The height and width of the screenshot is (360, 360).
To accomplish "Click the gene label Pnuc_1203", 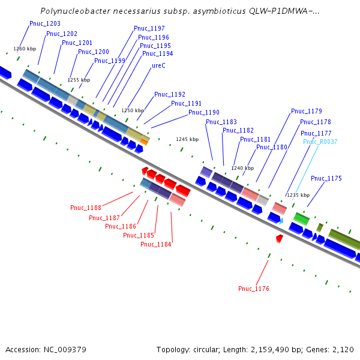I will click(x=45, y=23).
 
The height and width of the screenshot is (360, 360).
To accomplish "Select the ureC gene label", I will click(x=158, y=65).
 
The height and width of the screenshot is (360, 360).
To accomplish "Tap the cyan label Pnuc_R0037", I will click(x=320, y=142).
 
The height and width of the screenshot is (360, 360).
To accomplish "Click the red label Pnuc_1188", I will click(x=86, y=208).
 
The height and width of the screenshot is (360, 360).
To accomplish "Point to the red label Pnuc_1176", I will click(x=254, y=289).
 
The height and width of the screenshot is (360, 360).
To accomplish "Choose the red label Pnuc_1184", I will click(x=156, y=245).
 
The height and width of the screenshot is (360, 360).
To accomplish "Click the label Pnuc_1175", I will click(x=326, y=179).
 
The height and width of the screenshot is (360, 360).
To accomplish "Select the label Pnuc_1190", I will click(x=204, y=113).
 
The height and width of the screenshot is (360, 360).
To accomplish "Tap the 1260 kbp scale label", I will click(x=25, y=49).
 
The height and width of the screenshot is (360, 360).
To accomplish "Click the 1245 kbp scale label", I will click(x=187, y=139).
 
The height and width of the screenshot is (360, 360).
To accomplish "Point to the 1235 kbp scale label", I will click(x=298, y=195).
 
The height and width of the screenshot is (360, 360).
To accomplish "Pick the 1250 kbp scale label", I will click(x=133, y=110).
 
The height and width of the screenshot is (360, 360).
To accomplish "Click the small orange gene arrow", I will click(x=144, y=142).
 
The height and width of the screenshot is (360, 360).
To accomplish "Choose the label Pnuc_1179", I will click(x=307, y=111).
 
